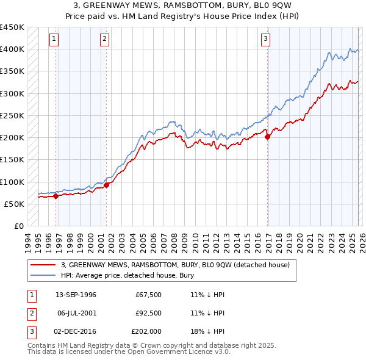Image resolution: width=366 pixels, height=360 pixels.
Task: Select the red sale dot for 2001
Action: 106,185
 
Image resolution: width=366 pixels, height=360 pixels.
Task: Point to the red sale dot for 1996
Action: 56,196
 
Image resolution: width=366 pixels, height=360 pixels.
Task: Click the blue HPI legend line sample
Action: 43,275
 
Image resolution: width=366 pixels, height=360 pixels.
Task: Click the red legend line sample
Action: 43,265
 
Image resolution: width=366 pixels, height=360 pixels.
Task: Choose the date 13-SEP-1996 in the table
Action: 76,295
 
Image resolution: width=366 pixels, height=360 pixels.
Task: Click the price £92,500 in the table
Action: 145,313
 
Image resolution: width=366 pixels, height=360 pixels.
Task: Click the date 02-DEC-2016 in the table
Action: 76,332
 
